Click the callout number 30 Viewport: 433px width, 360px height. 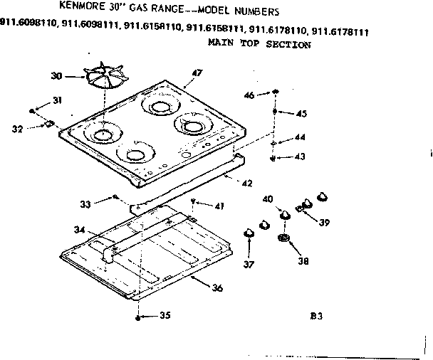pos(56,75)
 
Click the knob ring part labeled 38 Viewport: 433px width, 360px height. pos(285,238)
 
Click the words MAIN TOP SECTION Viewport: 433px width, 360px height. pos(259,44)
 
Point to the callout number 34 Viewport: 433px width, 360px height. pos(78,229)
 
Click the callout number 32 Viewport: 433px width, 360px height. pos(17,129)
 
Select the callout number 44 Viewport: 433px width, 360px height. pos(301,137)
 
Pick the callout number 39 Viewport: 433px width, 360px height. pos(324,222)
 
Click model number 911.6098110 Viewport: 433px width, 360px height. pos(29,31)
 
